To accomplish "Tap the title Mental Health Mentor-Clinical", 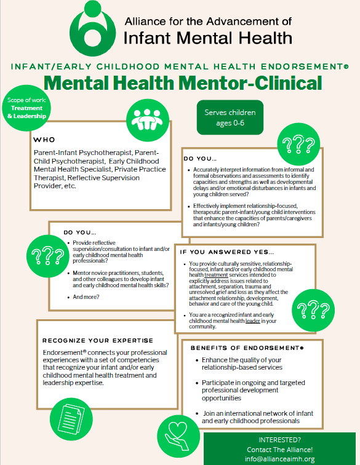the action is (183, 82).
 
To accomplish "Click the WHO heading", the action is (44, 140).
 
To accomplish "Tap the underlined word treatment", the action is (215, 274).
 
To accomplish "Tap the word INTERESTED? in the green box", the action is (281, 440).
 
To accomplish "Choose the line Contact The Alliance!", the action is (281, 450).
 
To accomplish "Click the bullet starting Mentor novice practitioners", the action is (118, 276).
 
